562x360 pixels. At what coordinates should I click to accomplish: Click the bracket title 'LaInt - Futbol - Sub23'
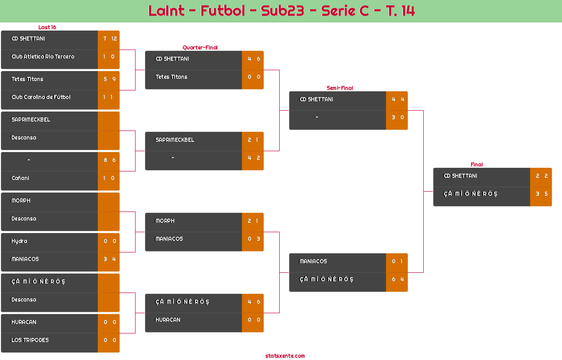coord(281,11)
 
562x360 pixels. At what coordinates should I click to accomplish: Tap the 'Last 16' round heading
coord(47,27)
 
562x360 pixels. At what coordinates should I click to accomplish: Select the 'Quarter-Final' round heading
coord(199,48)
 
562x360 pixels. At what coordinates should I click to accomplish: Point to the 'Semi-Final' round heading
coord(339,88)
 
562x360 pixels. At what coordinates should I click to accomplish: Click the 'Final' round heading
coord(476,165)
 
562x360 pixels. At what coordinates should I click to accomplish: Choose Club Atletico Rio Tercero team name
coord(43,57)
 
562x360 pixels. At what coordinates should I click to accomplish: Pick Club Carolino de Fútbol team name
coord(41,97)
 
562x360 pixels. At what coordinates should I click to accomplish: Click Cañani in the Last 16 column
coord(20,178)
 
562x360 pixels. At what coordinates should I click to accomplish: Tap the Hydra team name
coord(19,241)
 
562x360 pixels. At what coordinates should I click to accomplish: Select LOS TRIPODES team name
coord(30,340)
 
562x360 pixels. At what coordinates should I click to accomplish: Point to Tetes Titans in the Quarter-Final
coord(172,77)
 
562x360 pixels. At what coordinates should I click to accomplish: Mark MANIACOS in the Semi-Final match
coord(313,261)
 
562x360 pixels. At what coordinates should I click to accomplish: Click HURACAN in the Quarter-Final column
coord(168,320)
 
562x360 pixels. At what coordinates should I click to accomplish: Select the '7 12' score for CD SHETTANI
coord(109,39)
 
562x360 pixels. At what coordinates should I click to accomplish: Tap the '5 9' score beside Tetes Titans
coord(109,79)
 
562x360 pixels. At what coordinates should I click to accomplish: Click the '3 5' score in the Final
coord(541,194)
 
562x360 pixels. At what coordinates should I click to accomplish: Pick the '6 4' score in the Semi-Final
coord(397,279)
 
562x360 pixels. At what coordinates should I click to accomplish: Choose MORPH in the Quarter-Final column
coord(165,221)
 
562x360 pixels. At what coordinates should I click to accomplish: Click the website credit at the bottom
coord(285,356)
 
